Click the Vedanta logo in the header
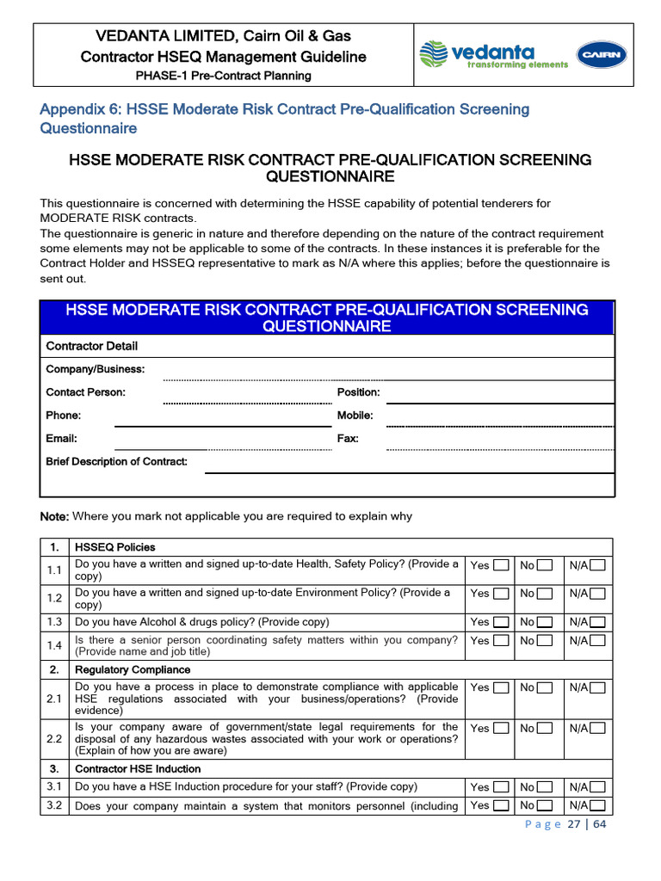point(493,56)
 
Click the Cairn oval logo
point(602,56)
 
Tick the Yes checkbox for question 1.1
point(501,565)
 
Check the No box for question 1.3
point(544,621)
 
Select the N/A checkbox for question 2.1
point(597,687)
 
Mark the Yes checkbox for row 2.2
point(501,728)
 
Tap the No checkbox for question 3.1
point(544,787)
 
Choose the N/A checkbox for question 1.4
point(597,641)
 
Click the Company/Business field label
point(95,369)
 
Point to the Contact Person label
point(85,392)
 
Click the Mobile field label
point(355,416)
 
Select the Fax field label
point(348,439)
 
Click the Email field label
point(61,439)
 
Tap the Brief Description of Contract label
point(116,462)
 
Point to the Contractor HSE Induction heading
point(138,769)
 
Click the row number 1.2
point(54,598)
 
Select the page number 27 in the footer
point(574,824)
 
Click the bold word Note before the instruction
point(54,517)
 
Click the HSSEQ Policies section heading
point(115,547)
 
